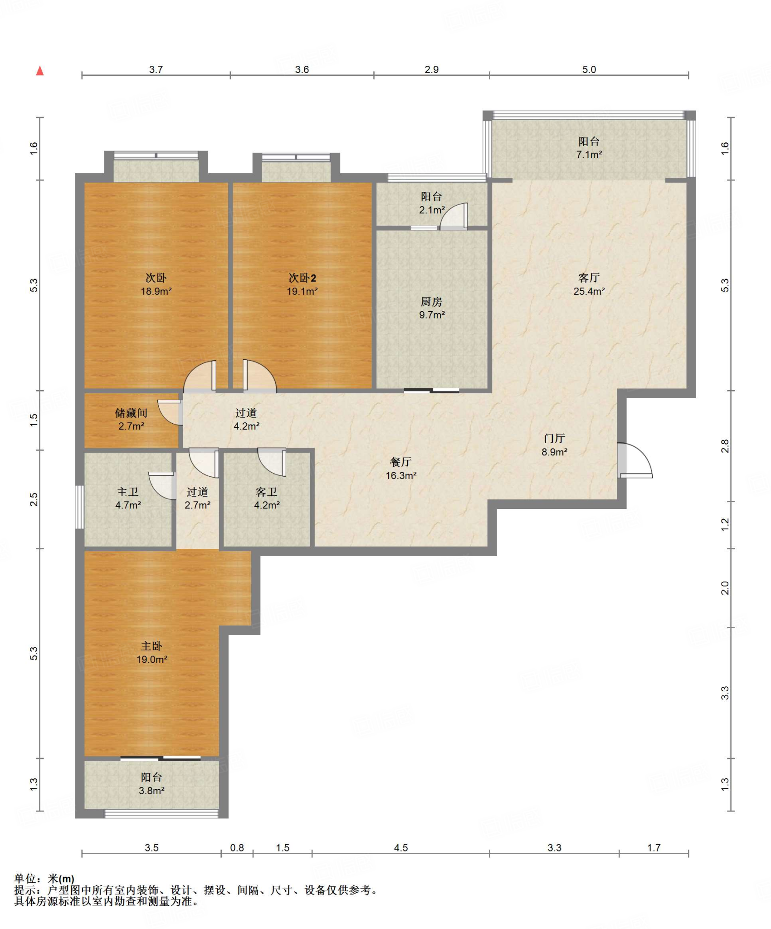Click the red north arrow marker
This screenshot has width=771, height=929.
[40, 71]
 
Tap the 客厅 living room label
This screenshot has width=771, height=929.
[589, 278]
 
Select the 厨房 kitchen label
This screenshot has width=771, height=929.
[431, 302]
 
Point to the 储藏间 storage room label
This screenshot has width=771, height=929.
[131, 413]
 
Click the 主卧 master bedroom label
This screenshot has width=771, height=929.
[151, 646]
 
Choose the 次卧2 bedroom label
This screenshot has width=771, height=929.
[302, 278]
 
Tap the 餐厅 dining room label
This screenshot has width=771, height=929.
[401, 462]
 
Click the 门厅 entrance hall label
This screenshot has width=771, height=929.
[554, 438]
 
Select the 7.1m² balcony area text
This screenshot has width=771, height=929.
[589, 155]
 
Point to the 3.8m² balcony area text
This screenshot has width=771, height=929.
[151, 791]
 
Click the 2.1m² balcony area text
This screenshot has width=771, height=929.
[432, 210]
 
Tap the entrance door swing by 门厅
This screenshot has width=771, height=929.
[635, 460]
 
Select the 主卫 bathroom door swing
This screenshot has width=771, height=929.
[162, 486]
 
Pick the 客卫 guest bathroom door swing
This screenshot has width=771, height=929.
[272, 462]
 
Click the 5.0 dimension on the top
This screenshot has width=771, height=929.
[589, 69]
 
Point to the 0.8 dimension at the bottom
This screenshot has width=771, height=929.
[237, 848]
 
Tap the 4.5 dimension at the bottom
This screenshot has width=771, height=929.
[401, 848]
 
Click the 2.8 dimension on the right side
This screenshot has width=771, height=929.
[725, 446]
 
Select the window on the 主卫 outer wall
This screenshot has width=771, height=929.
[80, 507]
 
